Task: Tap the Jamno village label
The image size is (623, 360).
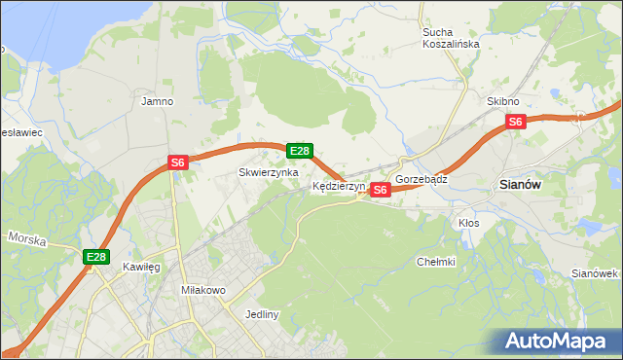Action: tap(157, 100)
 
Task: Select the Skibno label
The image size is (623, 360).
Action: tap(503, 101)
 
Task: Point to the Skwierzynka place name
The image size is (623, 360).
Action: tap(268, 172)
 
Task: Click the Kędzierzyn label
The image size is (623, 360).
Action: tap(339, 185)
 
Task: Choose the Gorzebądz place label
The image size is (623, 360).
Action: tap(421, 180)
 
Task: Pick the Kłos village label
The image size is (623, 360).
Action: tap(469, 223)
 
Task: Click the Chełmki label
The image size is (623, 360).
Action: tap(435, 261)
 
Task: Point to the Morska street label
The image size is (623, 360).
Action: tap(26, 237)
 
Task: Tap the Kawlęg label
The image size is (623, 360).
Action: tap(141, 266)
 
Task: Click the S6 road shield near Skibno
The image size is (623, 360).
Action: tap(516, 122)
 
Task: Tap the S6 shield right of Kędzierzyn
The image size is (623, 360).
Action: tap(381, 190)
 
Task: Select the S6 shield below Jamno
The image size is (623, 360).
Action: tap(177, 163)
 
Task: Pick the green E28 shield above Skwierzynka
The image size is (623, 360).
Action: tap(300, 151)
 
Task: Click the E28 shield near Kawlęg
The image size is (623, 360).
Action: tap(95, 257)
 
